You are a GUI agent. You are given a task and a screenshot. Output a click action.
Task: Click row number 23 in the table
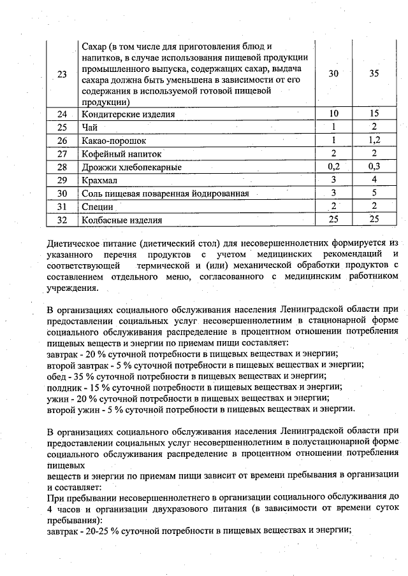click(62, 74)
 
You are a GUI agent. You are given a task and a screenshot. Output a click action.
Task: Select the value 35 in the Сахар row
click(374, 74)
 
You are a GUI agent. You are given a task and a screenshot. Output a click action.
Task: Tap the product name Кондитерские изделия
click(128, 115)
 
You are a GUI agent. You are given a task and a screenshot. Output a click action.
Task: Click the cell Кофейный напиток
click(122, 154)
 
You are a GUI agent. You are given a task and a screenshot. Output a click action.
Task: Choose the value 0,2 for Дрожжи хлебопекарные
click(333, 167)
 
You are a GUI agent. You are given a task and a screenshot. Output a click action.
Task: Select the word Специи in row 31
click(98, 207)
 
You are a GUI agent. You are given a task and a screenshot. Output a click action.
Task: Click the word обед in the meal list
click(57, 376)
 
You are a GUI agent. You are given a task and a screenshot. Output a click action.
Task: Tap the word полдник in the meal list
click(64, 386)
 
